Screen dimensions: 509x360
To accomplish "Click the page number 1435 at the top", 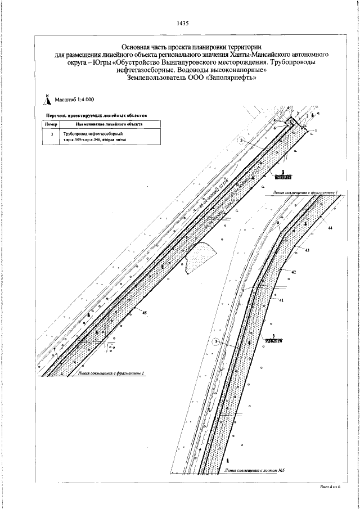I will pos(182,24).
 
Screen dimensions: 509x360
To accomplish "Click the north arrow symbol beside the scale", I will pos(48,100).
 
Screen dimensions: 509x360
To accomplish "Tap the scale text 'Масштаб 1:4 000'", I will pos(74,101).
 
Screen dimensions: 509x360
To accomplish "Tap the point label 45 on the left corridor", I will pos(145,312).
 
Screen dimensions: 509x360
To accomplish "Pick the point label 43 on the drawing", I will pos(307,249).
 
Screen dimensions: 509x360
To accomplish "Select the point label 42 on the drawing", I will pos(294,272).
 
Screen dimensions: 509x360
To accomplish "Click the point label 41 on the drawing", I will pos(281,301).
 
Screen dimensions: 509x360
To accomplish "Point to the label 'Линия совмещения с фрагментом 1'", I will pos(304,192).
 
